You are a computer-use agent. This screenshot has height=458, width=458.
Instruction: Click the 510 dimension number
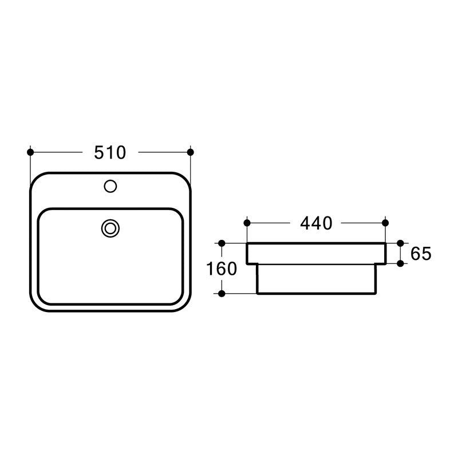click(x=110, y=152)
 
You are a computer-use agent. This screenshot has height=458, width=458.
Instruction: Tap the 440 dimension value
click(x=317, y=223)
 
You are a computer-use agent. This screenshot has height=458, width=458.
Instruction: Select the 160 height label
click(x=222, y=269)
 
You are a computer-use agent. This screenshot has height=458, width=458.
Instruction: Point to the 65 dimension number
click(x=421, y=254)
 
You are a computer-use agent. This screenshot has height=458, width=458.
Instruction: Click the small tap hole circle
click(x=110, y=186)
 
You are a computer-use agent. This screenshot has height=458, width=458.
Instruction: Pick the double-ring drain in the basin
click(x=110, y=228)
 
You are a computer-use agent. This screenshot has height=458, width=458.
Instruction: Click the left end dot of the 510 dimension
click(x=30, y=152)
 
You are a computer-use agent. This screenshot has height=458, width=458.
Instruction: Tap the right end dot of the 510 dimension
click(x=191, y=152)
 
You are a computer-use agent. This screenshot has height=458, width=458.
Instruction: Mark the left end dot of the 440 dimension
click(x=247, y=223)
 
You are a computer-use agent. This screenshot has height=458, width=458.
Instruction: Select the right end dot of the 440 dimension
click(x=385, y=223)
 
